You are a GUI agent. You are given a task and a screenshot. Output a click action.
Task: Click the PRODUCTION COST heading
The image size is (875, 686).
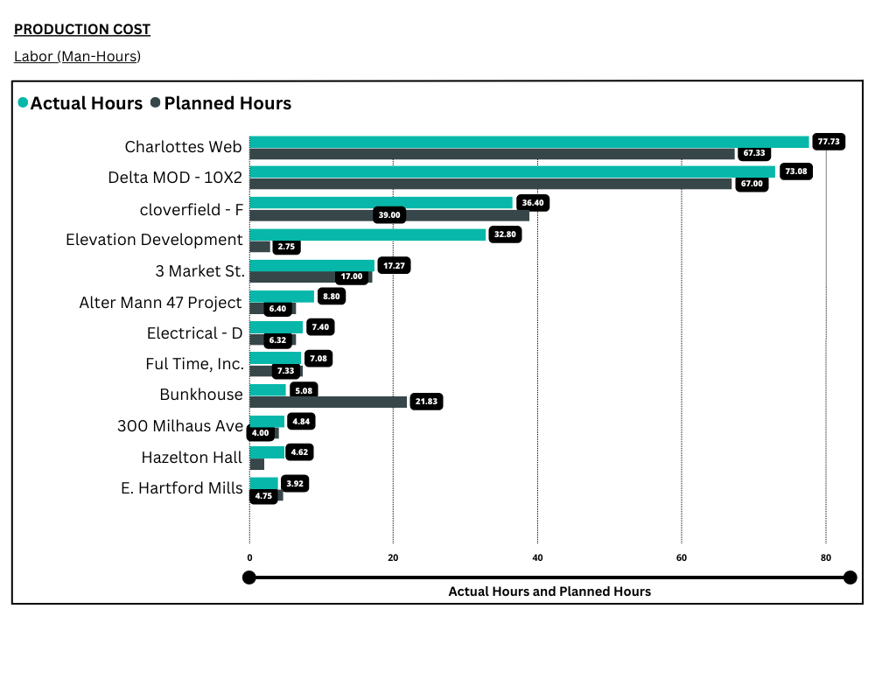coord(82,30)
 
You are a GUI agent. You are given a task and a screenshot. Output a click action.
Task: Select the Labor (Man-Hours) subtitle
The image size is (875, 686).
coord(77,57)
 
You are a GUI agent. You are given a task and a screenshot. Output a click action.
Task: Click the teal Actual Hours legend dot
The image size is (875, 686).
coord(23,103)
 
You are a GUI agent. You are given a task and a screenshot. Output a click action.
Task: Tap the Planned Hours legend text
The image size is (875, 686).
coord(227,103)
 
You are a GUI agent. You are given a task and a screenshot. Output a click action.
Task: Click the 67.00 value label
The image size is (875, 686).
coord(752,184)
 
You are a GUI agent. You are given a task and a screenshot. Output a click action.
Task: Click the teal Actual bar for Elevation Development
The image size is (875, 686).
coord(367,234)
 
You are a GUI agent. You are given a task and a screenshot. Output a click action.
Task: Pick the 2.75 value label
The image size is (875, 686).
coord(286,247)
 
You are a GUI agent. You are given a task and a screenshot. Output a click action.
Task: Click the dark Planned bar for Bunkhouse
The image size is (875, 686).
coord(328,402)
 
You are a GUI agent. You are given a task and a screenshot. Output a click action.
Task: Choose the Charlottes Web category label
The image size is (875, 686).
coord(184,147)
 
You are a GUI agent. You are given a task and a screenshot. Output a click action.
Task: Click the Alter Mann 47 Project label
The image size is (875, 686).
coord(160,303)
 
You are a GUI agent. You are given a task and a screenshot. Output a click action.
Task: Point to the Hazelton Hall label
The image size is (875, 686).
coord(192,458)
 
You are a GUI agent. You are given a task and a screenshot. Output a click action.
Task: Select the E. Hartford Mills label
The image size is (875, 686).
coord(181,488)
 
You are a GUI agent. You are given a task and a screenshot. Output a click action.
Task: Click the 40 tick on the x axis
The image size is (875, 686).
coord(537,558)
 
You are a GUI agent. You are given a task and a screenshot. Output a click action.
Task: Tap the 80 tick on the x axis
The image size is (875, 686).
coord(825,558)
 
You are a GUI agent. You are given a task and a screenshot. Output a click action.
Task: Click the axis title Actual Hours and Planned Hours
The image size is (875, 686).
coord(549,591)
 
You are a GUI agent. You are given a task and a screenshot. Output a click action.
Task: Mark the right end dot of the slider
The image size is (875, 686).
coord(850,577)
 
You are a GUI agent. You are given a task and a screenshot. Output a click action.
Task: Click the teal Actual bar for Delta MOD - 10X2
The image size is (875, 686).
coord(512,171)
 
